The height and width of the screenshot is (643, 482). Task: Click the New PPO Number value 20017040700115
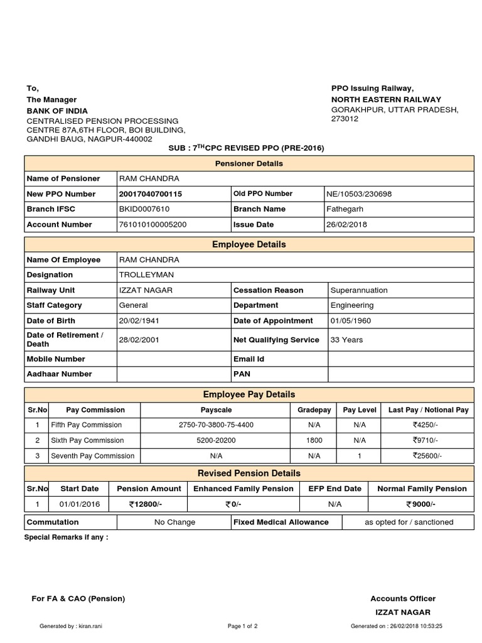pyautogui.click(x=151, y=194)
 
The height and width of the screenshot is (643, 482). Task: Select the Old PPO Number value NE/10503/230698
pyautogui.click(x=359, y=194)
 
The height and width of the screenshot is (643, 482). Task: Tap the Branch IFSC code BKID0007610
pyautogui.click(x=144, y=209)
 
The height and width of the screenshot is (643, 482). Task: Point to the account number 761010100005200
pyautogui.click(x=153, y=224)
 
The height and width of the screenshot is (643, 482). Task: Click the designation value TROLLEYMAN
pyautogui.click(x=146, y=275)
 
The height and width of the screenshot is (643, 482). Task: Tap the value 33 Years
pyautogui.click(x=346, y=340)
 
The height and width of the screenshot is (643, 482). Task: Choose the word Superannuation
pyautogui.click(x=359, y=290)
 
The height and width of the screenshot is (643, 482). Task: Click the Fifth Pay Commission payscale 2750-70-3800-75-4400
pyautogui.click(x=216, y=425)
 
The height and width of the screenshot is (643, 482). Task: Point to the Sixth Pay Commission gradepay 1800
pyautogui.click(x=314, y=441)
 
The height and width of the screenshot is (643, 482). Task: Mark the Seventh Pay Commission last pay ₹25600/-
pyautogui.click(x=427, y=456)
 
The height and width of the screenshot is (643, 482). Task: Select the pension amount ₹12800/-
pyautogui.click(x=146, y=504)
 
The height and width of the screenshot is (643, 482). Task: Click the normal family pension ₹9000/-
pyautogui.click(x=421, y=504)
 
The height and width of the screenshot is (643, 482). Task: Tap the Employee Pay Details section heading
pyautogui.click(x=249, y=394)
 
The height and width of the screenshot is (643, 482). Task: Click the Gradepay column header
pyautogui.click(x=314, y=410)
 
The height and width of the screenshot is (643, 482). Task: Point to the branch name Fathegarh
pyautogui.click(x=345, y=209)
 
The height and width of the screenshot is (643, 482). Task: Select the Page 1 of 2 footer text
pyautogui.click(x=242, y=626)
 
